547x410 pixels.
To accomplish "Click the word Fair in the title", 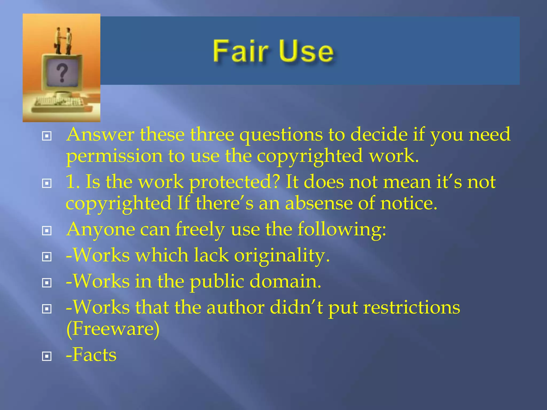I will pyautogui.click(x=240, y=51).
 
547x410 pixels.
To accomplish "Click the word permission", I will pyautogui.click(x=114, y=156).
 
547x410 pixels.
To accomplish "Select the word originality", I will pyautogui.click(x=282, y=255).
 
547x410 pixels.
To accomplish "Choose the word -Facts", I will pyautogui.click(x=91, y=355).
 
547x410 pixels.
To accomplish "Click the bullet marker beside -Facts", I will pyautogui.click(x=47, y=356).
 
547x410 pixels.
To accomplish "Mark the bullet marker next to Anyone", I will pyautogui.click(x=47, y=231).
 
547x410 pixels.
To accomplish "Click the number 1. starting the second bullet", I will pyautogui.click(x=72, y=183).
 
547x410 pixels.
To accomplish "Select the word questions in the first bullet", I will pyautogui.click(x=281, y=135).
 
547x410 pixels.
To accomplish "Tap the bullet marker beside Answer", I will pyautogui.click(x=47, y=136).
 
